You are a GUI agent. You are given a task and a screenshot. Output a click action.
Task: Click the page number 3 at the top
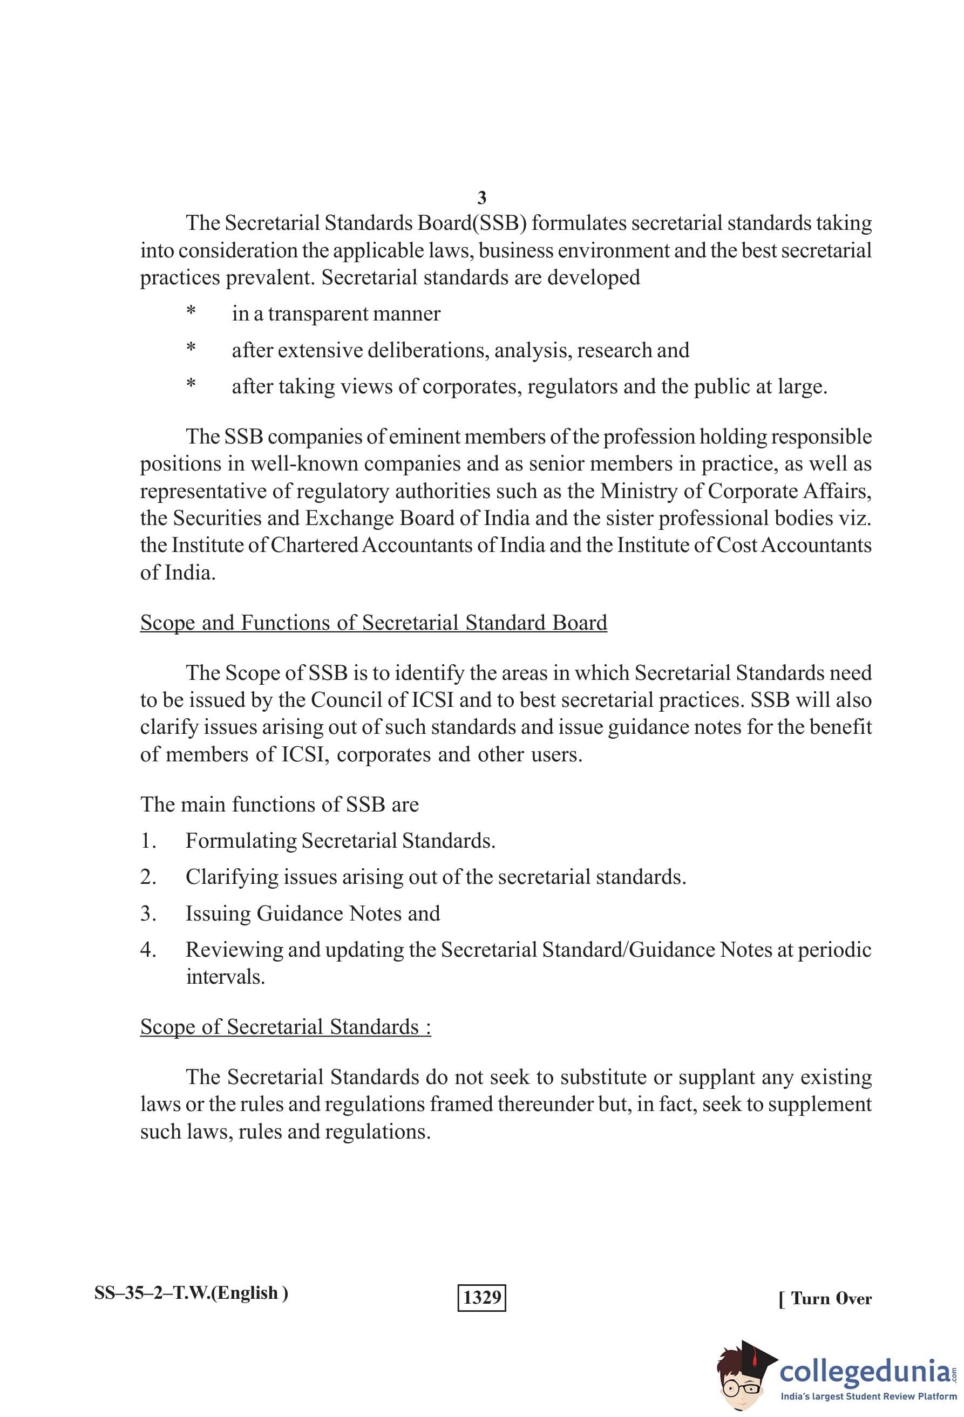481,198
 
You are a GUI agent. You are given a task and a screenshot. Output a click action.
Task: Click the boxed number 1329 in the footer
481,1297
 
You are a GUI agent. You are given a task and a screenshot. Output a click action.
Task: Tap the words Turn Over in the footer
831,1298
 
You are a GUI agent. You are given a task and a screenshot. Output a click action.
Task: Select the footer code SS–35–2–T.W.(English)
192,1292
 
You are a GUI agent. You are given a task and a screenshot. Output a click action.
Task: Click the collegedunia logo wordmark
865,1371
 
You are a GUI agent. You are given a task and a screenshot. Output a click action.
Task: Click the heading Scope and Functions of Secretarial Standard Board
373,623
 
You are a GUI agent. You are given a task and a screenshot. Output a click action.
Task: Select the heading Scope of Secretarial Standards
286,1027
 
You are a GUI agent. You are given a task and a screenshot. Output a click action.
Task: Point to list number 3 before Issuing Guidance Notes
148,914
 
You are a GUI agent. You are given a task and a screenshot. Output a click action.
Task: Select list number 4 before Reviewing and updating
148,949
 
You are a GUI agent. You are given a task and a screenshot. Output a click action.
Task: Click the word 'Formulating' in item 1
241,841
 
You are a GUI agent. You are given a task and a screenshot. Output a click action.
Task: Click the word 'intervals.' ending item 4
225,977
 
